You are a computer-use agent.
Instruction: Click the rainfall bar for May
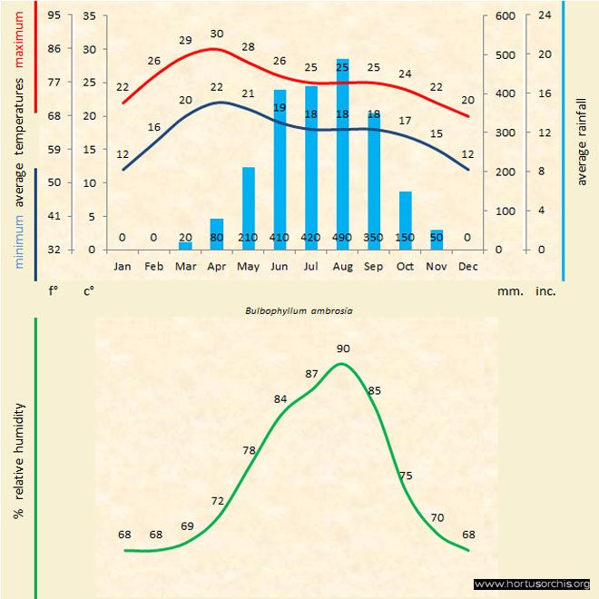coord(248,208)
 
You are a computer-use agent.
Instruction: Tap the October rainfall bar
coord(405,220)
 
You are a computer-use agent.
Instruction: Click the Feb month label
coord(153,266)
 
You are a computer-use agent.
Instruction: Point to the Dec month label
coord(467,266)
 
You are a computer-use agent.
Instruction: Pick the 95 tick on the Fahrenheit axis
coord(55,15)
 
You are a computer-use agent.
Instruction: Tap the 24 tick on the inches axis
coord(545,15)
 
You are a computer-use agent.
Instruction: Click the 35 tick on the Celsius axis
coord(89,15)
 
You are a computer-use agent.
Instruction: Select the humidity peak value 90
coord(343,349)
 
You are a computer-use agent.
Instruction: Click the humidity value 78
coord(250,450)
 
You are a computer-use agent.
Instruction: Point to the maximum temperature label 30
coord(217,34)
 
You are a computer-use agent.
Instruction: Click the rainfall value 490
coord(342,238)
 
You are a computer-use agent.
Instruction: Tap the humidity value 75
coord(406,476)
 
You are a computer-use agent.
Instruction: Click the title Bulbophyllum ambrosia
coord(299,309)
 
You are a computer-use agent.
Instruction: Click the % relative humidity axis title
coord(18,461)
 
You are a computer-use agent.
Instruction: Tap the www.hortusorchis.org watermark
coord(532,584)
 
